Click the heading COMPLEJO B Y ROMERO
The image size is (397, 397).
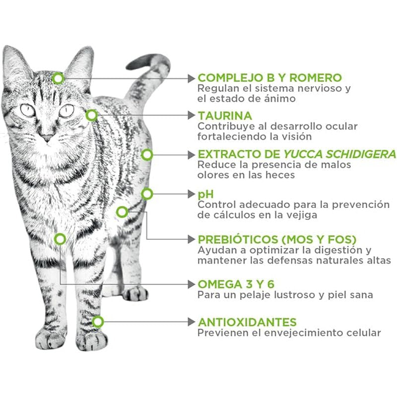point(269,78)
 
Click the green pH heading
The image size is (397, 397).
point(205,194)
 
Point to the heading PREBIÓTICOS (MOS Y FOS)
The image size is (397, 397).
point(277,239)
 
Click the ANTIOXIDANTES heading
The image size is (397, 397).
point(247,322)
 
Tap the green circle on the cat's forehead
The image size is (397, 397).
point(59,78)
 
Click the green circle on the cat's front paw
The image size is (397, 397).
point(98,322)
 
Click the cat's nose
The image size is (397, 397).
point(47,137)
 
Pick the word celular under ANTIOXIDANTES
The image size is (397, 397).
point(364,333)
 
